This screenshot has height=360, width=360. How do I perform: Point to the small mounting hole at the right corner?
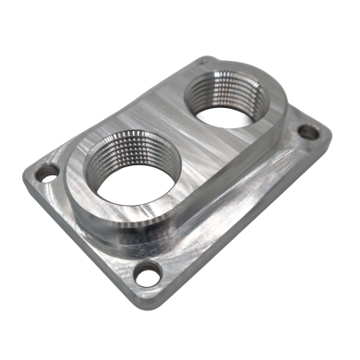click(x=309, y=133)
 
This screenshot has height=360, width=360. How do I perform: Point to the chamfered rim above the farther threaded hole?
click(x=226, y=67)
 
